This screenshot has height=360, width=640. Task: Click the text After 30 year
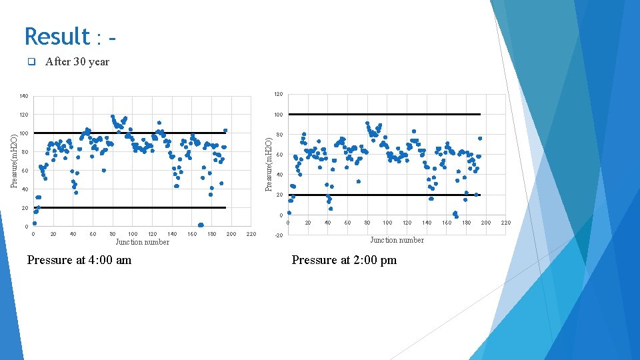(x=77, y=62)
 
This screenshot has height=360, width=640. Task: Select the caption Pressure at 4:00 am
(x=79, y=260)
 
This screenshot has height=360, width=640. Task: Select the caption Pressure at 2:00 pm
(x=344, y=260)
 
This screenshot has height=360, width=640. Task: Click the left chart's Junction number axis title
(x=142, y=242)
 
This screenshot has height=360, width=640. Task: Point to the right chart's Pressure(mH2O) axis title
(x=269, y=164)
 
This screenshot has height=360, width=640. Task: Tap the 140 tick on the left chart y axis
(x=24, y=97)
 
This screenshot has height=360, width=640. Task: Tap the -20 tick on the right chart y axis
(x=279, y=236)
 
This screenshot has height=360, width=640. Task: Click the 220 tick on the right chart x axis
(x=505, y=223)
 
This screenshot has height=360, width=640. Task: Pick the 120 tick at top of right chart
(x=279, y=94)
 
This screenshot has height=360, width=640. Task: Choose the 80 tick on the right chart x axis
(x=367, y=223)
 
